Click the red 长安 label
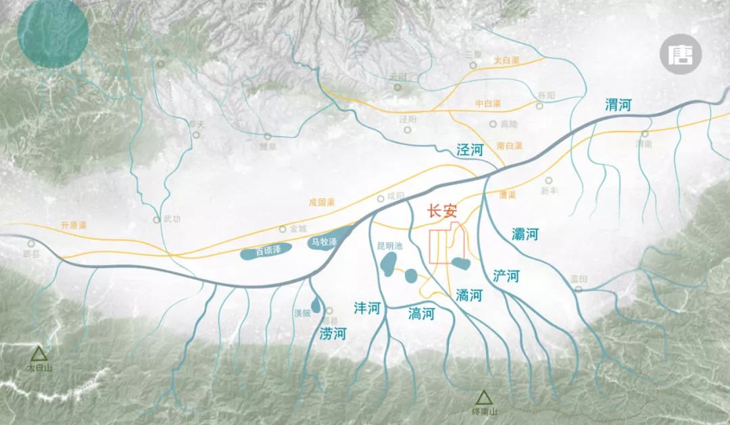(x=443, y=211)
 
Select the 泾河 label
(x=470, y=150)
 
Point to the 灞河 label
(x=525, y=234)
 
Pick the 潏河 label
(x=468, y=295)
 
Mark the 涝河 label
(x=333, y=333)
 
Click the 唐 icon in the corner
(x=681, y=55)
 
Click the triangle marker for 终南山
(x=483, y=398)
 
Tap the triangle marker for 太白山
(x=39, y=354)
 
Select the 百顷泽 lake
(x=266, y=252)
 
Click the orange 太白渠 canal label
(x=506, y=61)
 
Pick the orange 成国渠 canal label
(x=322, y=201)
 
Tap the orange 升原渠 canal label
(x=74, y=225)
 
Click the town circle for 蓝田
(x=578, y=289)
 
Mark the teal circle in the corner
(x=53, y=32)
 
